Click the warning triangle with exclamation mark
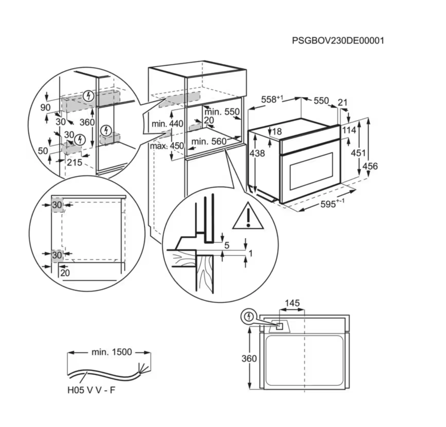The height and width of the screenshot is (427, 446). [x=248, y=216]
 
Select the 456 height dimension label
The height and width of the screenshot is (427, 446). [x=370, y=166]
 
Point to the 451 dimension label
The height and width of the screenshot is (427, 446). [x=358, y=153]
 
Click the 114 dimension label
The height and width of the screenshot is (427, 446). [x=349, y=130]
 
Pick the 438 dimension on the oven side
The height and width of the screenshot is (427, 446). [x=257, y=153]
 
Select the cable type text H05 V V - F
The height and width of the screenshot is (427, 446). [x=91, y=390]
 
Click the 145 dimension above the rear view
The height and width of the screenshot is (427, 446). [x=292, y=303]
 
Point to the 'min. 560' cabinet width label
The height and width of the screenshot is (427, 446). [x=209, y=141]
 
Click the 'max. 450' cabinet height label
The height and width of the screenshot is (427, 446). [x=167, y=146]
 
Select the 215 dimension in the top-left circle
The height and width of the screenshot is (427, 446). [x=74, y=162]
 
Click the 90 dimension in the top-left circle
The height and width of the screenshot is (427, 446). [x=45, y=107]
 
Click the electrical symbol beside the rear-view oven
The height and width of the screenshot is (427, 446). [x=249, y=317]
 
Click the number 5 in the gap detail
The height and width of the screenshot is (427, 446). [x=227, y=245]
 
